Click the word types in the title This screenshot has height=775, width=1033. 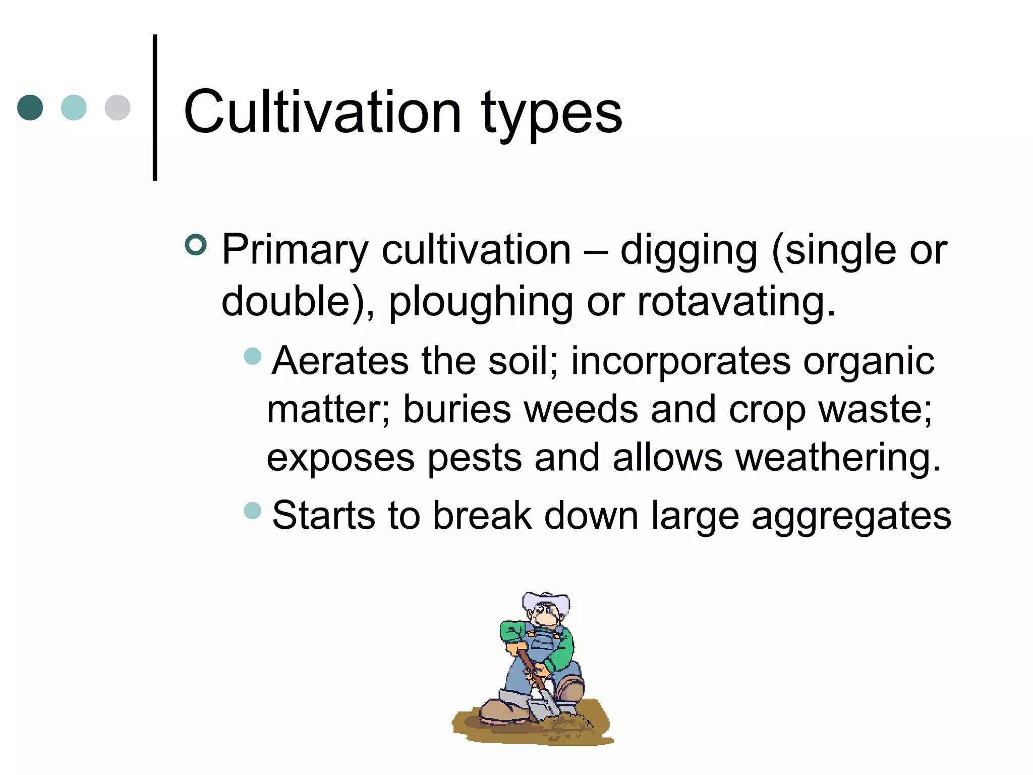tap(552, 115)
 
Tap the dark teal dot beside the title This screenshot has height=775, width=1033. tap(30, 107)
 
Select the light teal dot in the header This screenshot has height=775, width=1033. tap(74, 107)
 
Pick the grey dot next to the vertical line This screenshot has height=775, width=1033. tap(118, 107)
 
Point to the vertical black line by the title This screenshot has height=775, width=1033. tap(155, 107)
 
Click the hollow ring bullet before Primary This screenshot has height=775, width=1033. tap(196, 245)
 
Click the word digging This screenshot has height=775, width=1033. tap(688, 251)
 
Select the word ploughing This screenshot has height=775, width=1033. tap(481, 302)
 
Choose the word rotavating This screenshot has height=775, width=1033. tap(736, 302)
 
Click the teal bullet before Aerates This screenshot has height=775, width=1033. tap(252, 356)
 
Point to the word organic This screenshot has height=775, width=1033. tap(869, 362)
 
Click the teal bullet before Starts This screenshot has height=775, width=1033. tap(252, 511)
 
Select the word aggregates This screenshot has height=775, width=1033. tap(851, 517)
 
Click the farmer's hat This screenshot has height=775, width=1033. tap(546, 602)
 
